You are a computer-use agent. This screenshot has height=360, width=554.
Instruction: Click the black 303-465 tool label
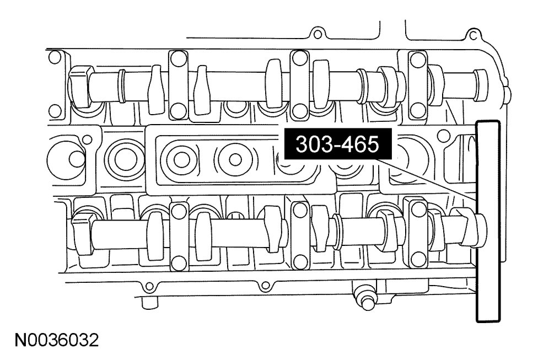point(338,144)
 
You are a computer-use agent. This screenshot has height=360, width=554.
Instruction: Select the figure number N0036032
point(57,341)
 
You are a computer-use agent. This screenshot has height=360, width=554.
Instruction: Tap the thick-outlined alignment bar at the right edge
point(488,221)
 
